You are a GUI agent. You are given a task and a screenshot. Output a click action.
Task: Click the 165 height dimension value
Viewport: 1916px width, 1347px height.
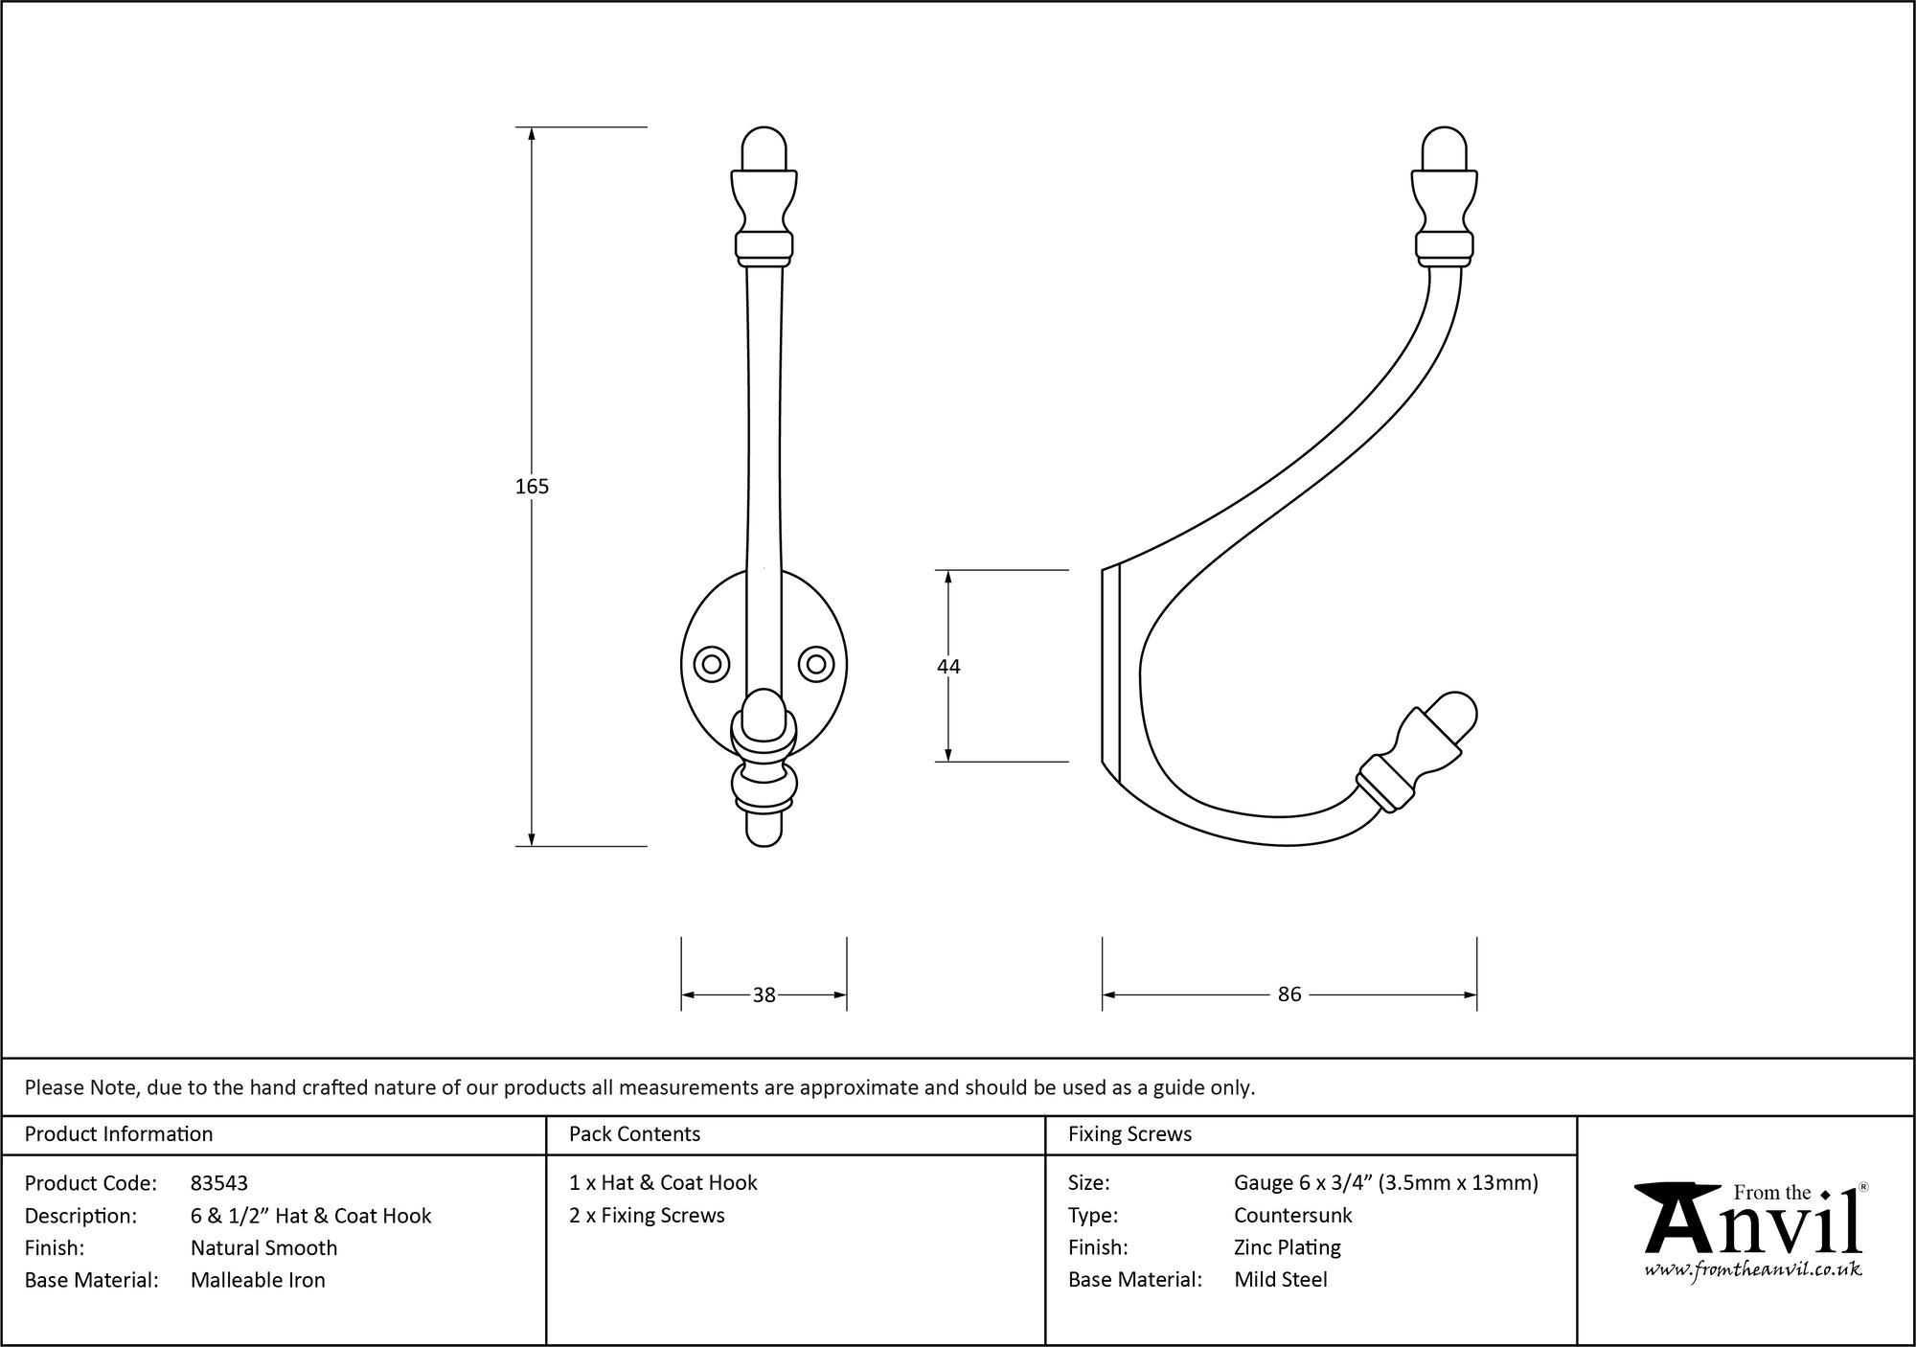(532, 487)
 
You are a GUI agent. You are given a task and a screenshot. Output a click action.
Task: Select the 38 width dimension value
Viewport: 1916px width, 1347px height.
(764, 995)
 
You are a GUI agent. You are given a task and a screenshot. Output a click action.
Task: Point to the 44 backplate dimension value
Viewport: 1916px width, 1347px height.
(948, 667)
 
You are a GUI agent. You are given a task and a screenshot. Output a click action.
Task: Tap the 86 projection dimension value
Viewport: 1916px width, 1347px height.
(1289, 994)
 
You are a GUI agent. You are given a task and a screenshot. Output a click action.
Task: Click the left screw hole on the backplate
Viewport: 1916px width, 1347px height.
(712, 664)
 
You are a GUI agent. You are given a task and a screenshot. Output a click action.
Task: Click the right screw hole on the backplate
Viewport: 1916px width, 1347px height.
(816, 664)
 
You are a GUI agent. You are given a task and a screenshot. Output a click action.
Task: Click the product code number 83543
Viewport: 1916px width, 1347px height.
(219, 1183)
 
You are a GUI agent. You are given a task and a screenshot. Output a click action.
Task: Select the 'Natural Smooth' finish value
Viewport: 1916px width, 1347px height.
(264, 1247)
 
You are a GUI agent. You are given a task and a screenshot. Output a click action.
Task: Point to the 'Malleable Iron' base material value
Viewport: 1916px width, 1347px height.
(258, 1280)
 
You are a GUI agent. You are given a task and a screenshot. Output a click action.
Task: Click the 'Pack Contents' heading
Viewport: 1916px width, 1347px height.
(634, 1134)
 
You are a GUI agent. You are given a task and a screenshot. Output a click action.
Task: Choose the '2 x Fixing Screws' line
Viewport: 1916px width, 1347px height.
(647, 1216)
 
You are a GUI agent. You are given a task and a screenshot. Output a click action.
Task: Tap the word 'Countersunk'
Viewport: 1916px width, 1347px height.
(1293, 1216)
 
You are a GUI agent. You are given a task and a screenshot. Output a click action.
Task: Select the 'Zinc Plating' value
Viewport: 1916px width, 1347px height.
(1288, 1247)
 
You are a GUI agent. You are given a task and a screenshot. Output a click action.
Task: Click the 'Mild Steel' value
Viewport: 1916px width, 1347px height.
(1281, 1280)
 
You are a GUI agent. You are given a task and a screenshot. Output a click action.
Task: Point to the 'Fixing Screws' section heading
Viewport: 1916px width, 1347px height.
(1130, 1134)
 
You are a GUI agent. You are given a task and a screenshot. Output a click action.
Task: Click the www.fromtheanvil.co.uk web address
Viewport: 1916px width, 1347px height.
(1753, 1269)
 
